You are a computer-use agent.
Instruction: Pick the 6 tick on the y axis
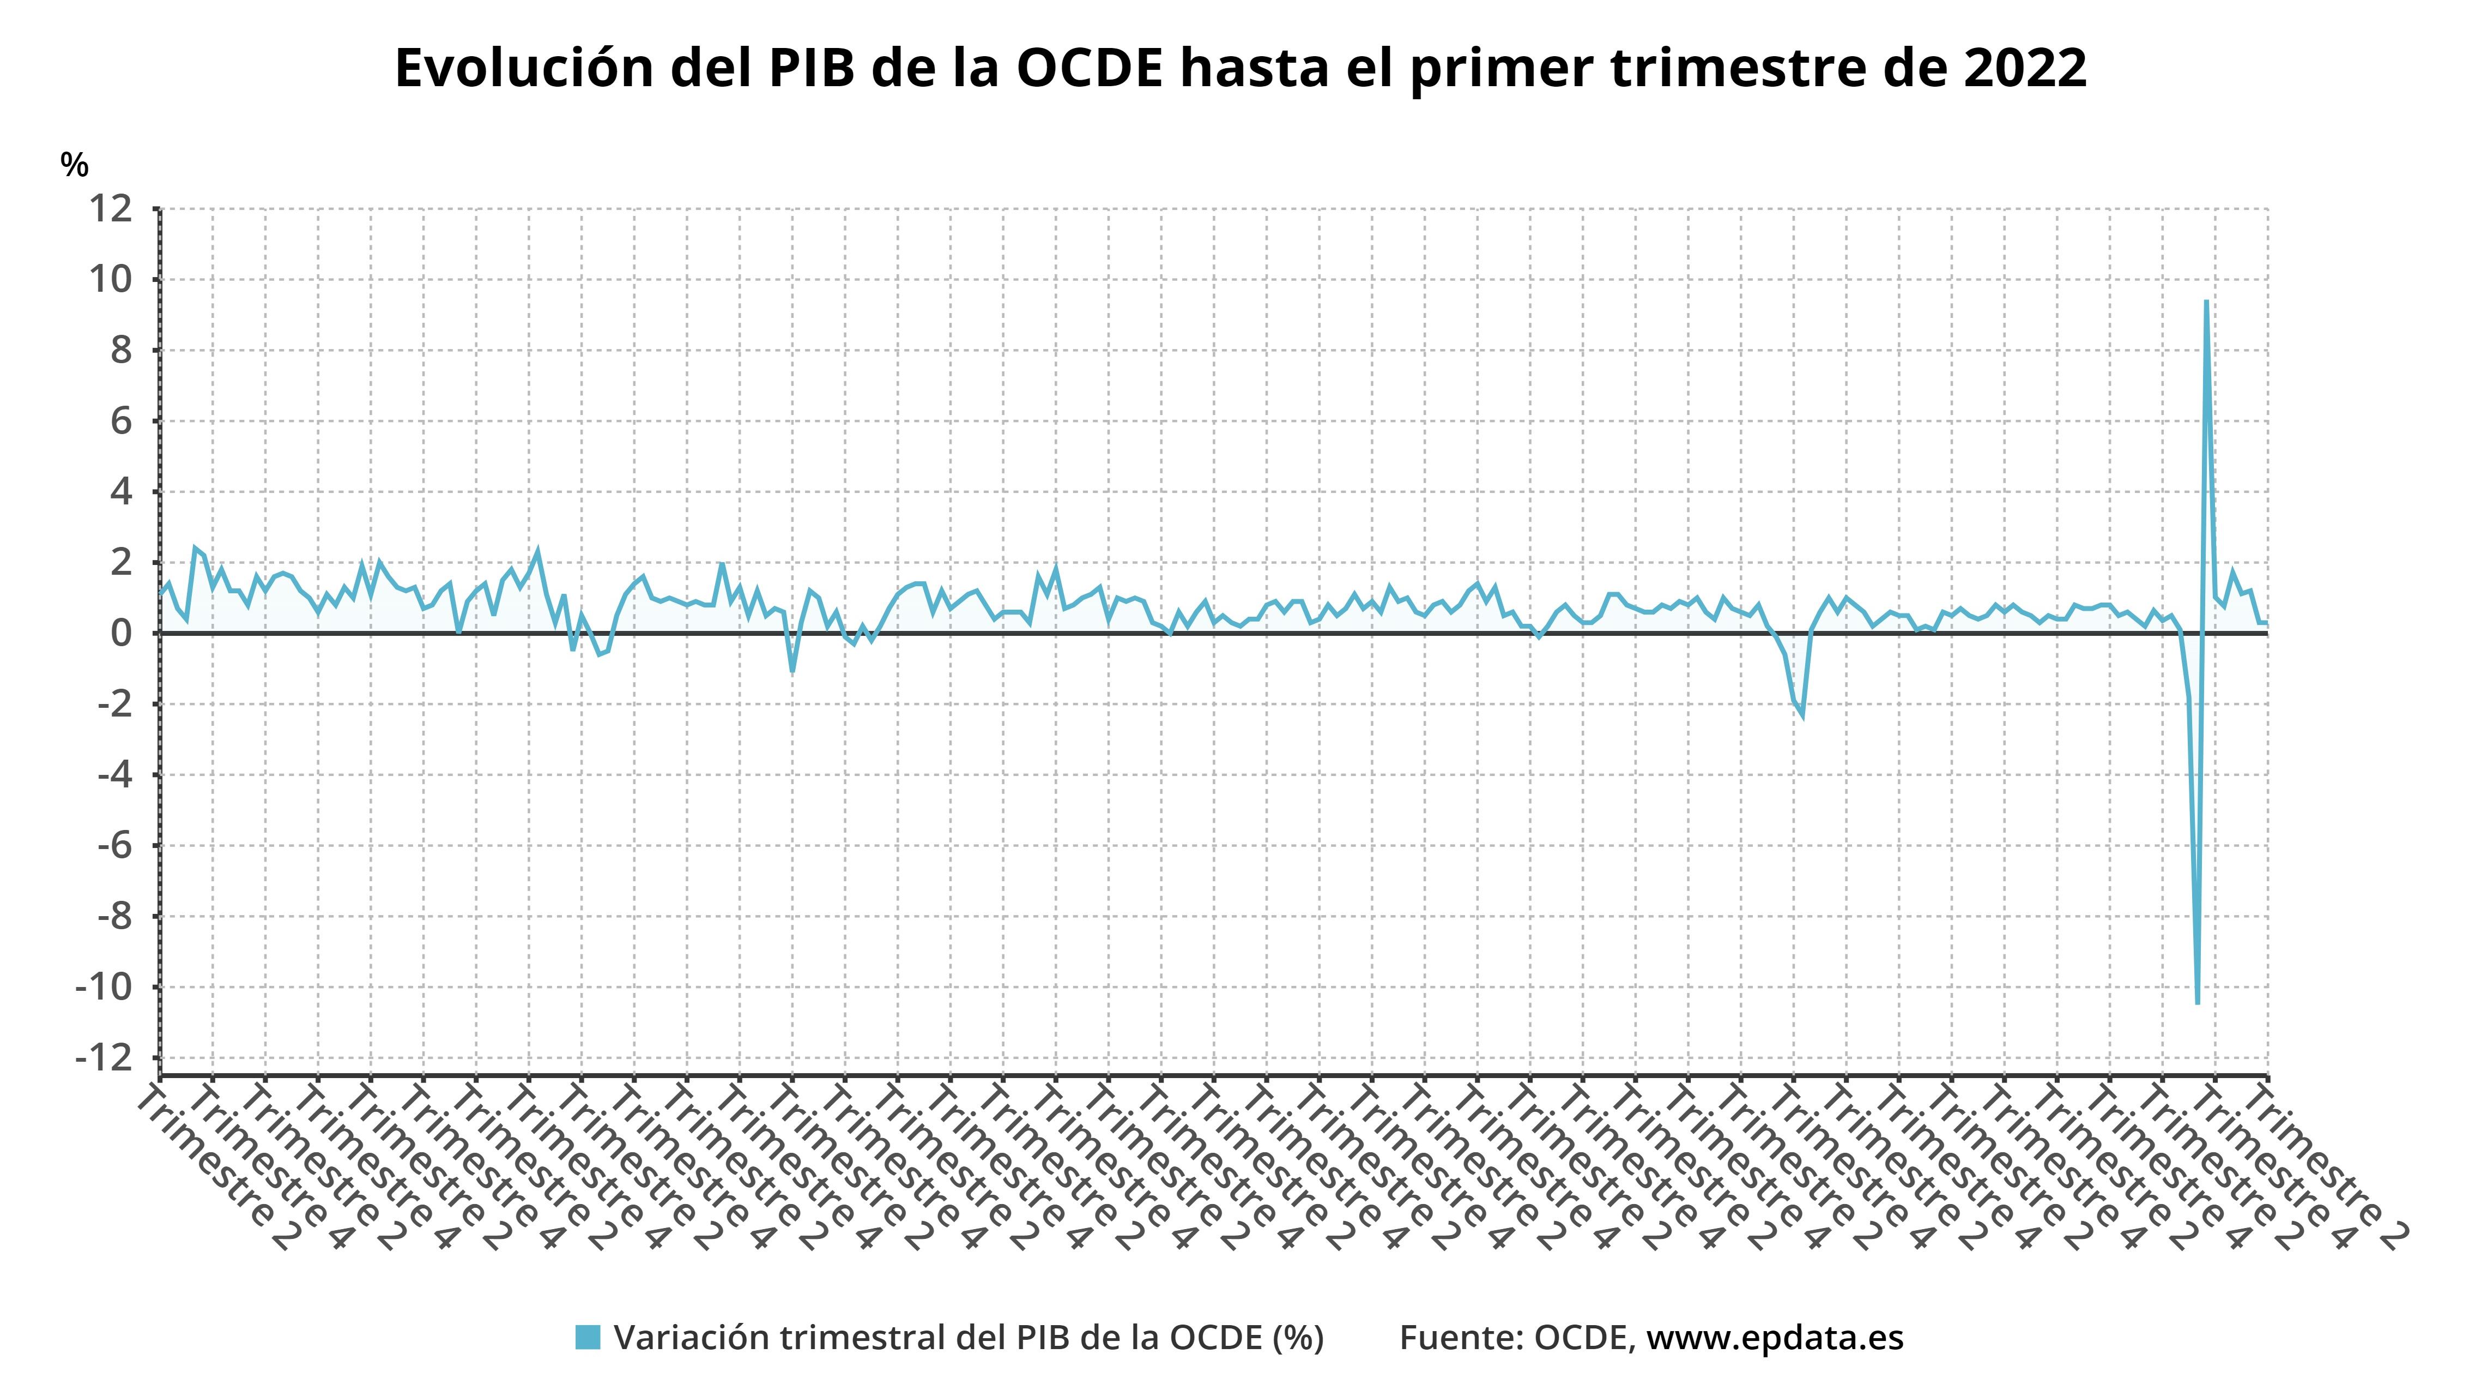(x=122, y=421)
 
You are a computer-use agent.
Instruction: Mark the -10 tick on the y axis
(x=105, y=988)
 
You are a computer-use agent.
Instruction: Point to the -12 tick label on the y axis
(x=105, y=1058)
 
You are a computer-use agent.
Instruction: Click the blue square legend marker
(x=588, y=1338)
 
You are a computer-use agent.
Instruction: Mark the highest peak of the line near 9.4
(x=2206, y=302)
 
